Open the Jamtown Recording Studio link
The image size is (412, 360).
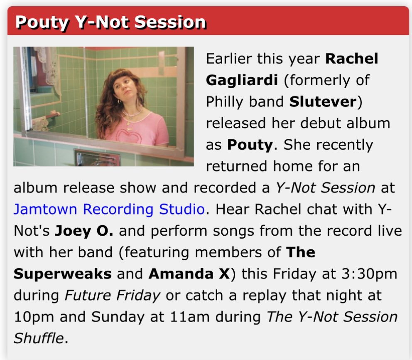click(x=109, y=209)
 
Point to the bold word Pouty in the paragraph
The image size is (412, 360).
click(x=250, y=145)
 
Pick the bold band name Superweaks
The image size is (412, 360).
click(x=62, y=274)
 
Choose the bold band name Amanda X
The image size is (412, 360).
click(x=189, y=274)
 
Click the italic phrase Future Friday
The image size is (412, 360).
click(x=112, y=296)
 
